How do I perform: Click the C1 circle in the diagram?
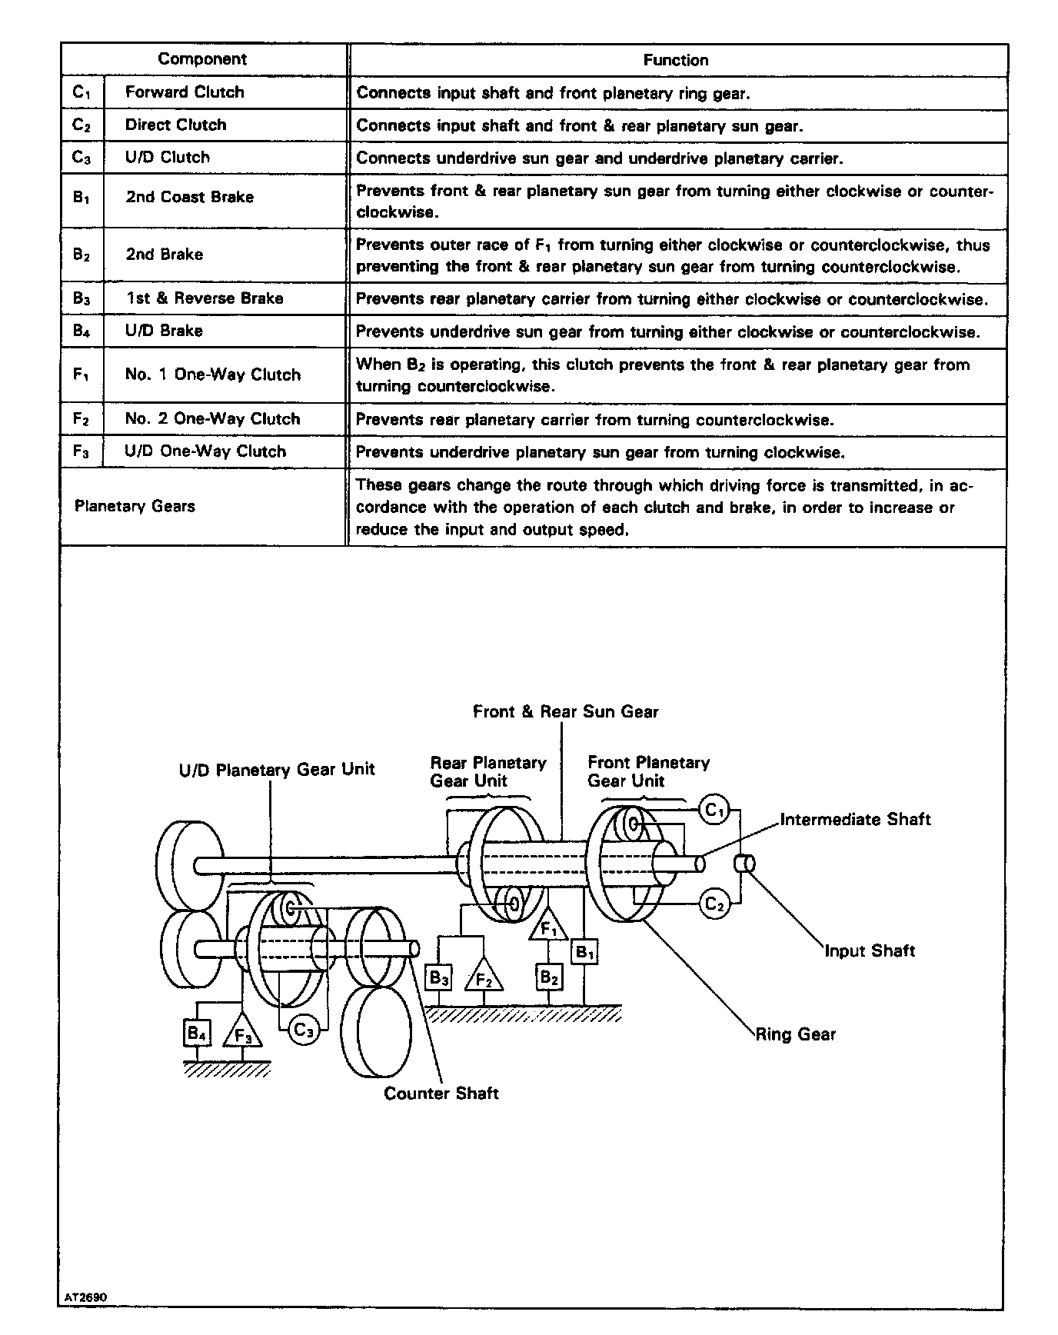coord(714,810)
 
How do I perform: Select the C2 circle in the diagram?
coord(714,904)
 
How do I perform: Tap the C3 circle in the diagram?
coord(304,1030)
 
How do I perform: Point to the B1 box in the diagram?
coord(585,953)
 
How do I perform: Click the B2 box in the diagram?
coord(547,977)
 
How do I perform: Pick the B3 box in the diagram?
coord(438,978)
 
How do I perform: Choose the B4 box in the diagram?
coord(197,1033)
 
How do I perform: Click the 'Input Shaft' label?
coord(870,950)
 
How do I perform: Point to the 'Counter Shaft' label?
coord(441,1093)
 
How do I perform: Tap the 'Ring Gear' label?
coord(795,1034)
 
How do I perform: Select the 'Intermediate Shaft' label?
coord(855,820)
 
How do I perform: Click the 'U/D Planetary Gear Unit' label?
coord(277,770)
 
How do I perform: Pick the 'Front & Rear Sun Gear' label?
coord(566,711)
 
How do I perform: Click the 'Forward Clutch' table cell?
coord(185,92)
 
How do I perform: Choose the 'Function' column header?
coord(676,60)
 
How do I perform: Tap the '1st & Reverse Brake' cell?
coord(205,298)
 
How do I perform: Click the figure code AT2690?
coord(85,1297)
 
